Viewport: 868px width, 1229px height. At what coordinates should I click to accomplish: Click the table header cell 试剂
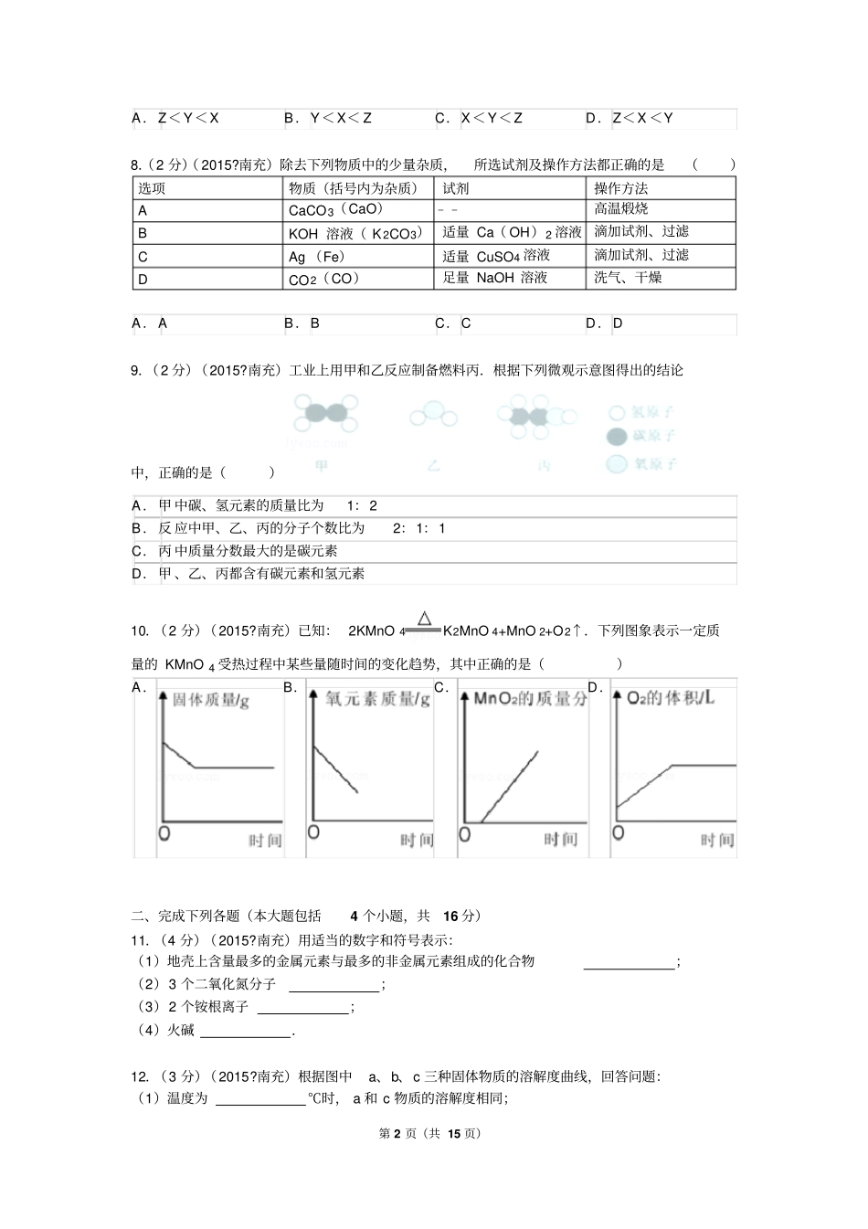coord(456,188)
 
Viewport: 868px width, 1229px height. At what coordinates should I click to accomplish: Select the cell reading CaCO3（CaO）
coord(335,210)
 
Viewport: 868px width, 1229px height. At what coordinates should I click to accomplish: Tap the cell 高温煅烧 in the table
coord(621,209)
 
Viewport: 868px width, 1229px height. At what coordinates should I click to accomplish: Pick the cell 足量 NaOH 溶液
coord(494,278)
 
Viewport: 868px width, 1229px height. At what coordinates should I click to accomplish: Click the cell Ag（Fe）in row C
coord(317,257)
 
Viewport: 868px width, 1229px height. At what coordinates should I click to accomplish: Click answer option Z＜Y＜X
coord(188,118)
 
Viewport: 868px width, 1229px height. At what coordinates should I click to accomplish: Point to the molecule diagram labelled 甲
coord(325,416)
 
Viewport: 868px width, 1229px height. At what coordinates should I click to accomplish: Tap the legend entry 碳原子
coord(640,437)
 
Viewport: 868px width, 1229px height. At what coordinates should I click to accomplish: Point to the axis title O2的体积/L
coord(670,698)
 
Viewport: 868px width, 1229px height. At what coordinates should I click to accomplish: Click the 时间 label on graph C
coord(561,840)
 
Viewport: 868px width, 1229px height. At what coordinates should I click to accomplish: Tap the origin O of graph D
coord(619,832)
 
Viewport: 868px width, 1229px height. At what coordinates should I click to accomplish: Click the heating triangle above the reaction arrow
coord(424,619)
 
